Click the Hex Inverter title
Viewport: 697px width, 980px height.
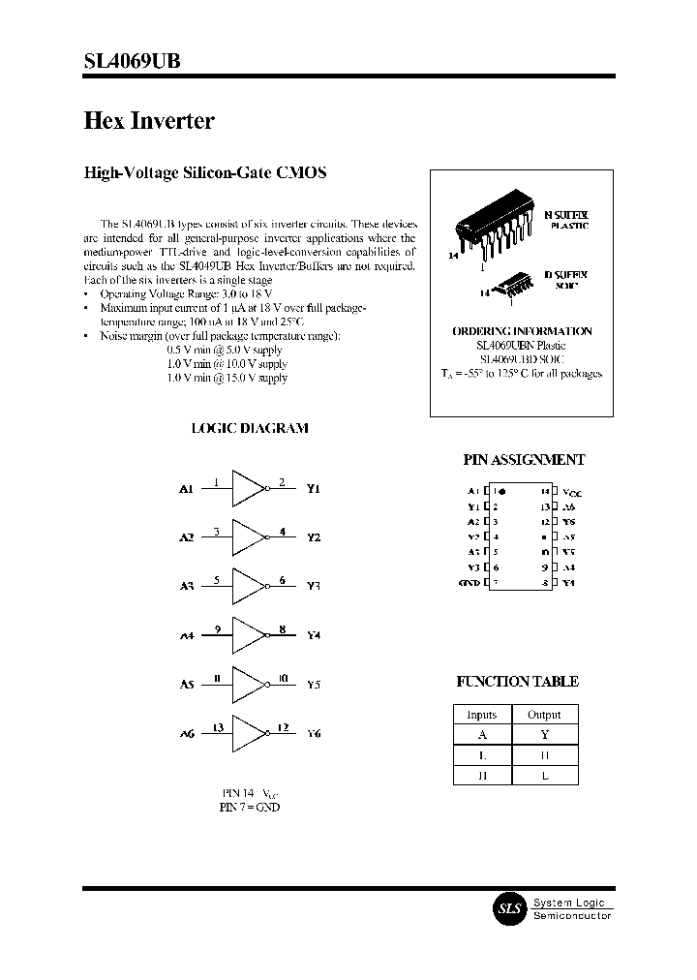pyautogui.click(x=149, y=121)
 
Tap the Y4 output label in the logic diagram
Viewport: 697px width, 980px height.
pyautogui.click(x=313, y=636)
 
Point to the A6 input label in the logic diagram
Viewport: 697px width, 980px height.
pyautogui.click(x=187, y=734)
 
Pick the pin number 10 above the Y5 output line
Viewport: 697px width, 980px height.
pyautogui.click(x=282, y=678)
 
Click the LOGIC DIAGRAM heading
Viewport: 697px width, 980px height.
pyautogui.click(x=250, y=428)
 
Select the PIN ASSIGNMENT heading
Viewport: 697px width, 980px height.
pyautogui.click(x=523, y=461)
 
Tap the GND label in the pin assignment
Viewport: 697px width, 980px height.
pyautogui.click(x=470, y=583)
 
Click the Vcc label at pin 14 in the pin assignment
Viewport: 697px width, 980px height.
pyautogui.click(x=571, y=493)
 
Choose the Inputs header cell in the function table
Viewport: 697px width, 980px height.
pyautogui.click(x=481, y=715)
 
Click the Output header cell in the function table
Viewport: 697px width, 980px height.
pyautogui.click(x=544, y=715)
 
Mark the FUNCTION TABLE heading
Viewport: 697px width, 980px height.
pyautogui.click(x=517, y=682)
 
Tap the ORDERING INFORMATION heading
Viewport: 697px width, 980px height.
pyautogui.click(x=522, y=331)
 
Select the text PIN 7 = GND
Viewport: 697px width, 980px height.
pyautogui.click(x=250, y=807)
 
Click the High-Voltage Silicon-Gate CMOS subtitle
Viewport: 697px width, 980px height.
pyautogui.click(x=205, y=173)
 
